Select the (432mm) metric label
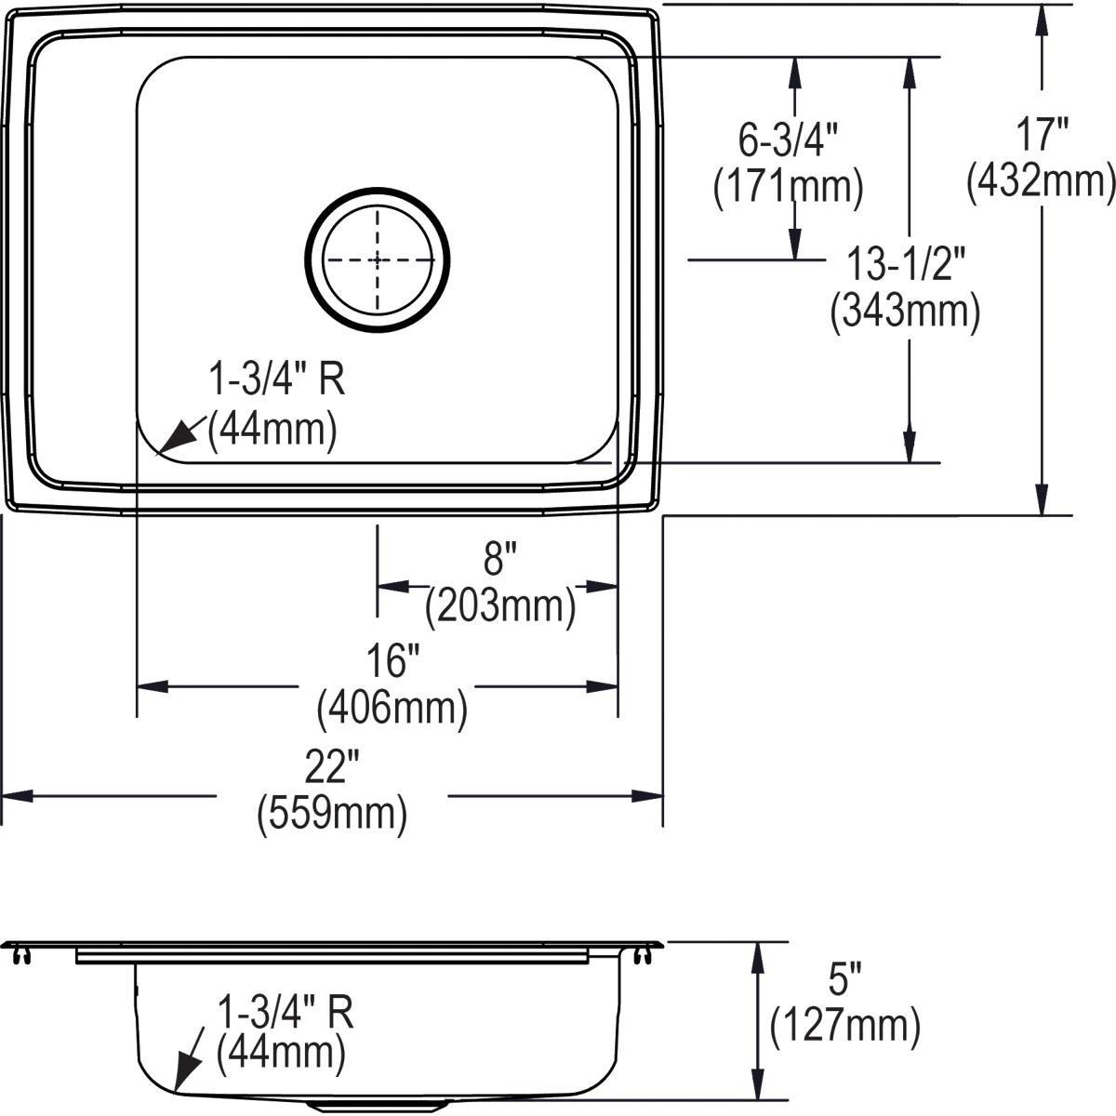point(1040,182)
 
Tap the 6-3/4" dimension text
point(789,142)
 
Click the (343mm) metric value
point(905,311)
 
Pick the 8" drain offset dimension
point(499,560)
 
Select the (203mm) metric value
point(500,607)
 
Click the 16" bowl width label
point(391,662)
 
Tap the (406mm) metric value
point(392,710)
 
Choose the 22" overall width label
point(332,769)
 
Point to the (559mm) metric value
point(332,815)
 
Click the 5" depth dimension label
point(845,982)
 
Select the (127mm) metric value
point(845,1027)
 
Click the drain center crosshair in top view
point(378,259)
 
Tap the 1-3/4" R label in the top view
point(276,381)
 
